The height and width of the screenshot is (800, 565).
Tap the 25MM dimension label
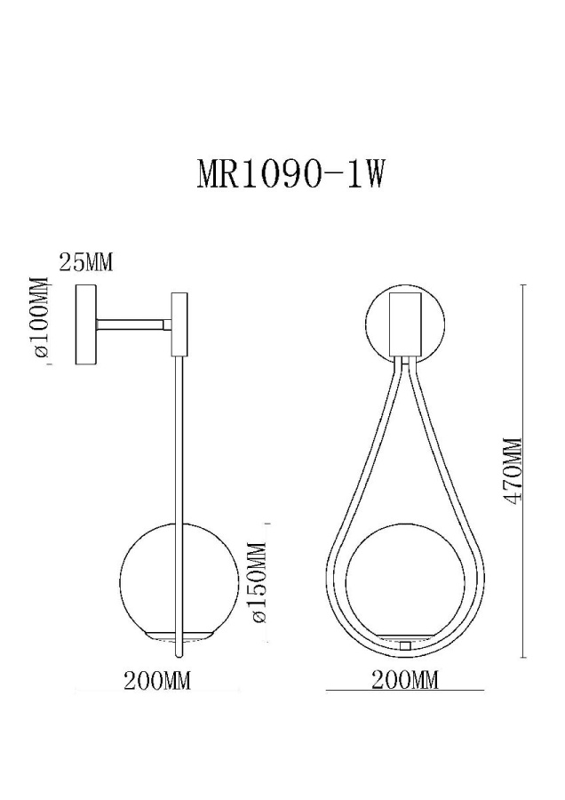[x=86, y=262]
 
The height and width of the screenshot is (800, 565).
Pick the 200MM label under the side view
[x=157, y=681]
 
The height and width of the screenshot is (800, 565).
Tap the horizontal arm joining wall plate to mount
[x=133, y=325]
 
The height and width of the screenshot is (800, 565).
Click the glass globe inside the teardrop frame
[x=404, y=578]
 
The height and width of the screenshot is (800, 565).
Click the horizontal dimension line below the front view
[x=405, y=691]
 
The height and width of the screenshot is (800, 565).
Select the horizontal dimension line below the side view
[x=157, y=692]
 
